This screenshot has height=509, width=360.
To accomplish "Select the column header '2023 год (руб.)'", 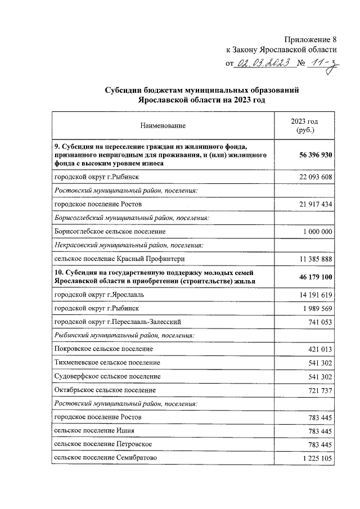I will coord(304,125).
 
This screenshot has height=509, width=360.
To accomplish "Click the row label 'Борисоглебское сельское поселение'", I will coord(110,231).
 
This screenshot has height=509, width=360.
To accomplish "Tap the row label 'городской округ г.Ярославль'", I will coord(99,295).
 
